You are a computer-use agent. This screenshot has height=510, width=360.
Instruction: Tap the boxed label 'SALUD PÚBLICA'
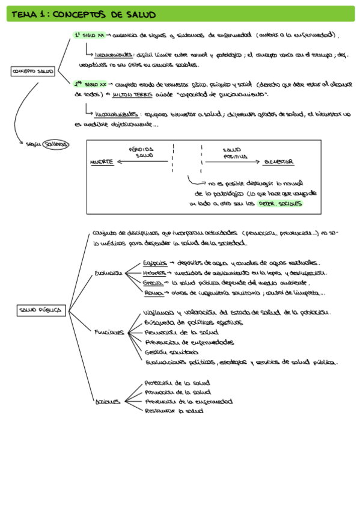[40, 310]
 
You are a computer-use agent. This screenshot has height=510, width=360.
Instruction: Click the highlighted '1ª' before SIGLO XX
[78, 35]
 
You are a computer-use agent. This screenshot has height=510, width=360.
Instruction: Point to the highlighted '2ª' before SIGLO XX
[79, 85]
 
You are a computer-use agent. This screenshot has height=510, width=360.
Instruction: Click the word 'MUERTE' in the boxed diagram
[102, 162]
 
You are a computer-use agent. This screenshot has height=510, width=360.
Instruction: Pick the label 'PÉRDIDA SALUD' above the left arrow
[142, 152]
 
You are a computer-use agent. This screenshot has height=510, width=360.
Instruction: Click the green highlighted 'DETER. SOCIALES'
[279, 204]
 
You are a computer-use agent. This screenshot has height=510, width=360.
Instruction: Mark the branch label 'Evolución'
[108, 272]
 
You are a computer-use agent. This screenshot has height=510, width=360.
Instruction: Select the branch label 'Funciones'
[109, 332]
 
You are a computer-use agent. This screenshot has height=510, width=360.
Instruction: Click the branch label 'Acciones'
[108, 402]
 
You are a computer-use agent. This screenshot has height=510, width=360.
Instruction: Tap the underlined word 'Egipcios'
[154, 263]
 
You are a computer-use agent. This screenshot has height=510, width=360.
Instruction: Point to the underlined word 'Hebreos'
[154, 272]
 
